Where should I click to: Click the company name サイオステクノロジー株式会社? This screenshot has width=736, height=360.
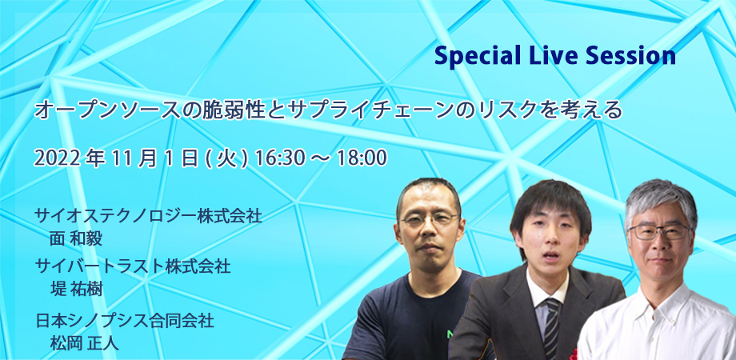148,216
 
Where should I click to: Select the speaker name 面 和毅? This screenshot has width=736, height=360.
76,238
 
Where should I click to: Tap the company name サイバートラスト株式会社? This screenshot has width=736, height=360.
133,266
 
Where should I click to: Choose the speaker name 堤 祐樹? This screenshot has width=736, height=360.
76,289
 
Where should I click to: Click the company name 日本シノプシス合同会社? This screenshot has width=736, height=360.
125,321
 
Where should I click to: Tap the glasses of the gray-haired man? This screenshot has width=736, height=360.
660,231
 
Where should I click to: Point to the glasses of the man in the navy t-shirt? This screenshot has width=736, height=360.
430,219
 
